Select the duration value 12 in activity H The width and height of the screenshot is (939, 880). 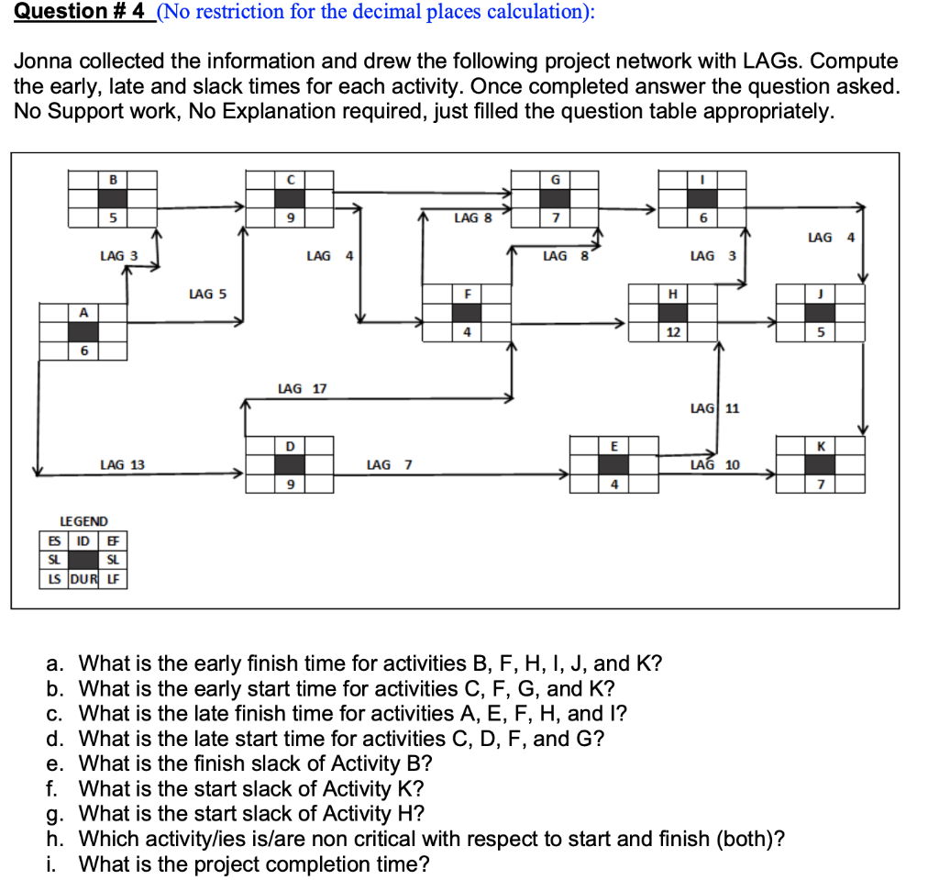point(673,331)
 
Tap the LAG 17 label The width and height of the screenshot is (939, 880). point(302,389)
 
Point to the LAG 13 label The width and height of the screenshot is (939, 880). point(122,465)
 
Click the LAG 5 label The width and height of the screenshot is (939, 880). point(207,295)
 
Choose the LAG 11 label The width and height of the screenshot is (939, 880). point(714,407)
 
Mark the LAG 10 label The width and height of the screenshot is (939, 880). point(714,465)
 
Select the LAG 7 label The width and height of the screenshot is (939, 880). point(389,465)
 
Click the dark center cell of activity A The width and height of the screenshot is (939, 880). point(83,331)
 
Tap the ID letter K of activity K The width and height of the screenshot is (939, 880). point(821,446)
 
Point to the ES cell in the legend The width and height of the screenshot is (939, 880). point(50,540)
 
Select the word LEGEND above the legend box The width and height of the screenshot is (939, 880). point(83,521)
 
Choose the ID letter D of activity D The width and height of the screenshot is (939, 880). point(290,446)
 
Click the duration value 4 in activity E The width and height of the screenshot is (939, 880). point(613,484)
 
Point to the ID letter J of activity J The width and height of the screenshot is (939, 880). point(821,294)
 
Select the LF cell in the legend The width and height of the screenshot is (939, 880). point(113,579)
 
